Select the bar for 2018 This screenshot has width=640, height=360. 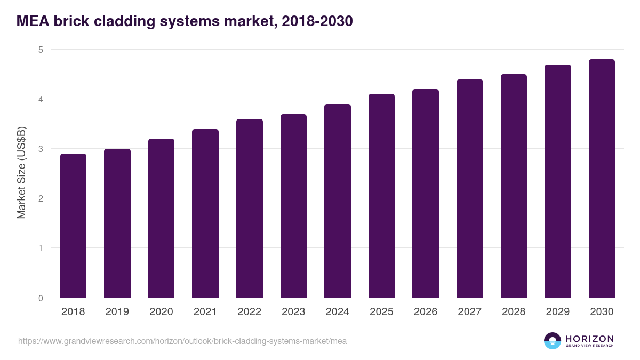[x=73, y=226]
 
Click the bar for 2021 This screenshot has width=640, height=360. [x=205, y=213]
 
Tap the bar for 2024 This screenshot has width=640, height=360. [x=338, y=201]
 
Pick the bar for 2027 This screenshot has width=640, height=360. [x=470, y=189]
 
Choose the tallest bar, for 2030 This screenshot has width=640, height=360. [x=602, y=179]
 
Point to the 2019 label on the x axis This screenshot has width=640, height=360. [x=117, y=312]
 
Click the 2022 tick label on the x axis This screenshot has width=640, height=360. [x=249, y=312]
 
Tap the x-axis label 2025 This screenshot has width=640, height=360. [x=381, y=312]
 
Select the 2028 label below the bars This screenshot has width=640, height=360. [x=514, y=312]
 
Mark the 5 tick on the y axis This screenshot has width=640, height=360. [x=41, y=50]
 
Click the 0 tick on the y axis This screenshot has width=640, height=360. [x=41, y=298]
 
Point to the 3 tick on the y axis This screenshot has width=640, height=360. [x=41, y=149]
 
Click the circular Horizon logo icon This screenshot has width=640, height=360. [x=553, y=341]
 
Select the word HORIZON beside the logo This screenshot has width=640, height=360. [x=589, y=339]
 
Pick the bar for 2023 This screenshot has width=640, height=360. [x=293, y=206]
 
